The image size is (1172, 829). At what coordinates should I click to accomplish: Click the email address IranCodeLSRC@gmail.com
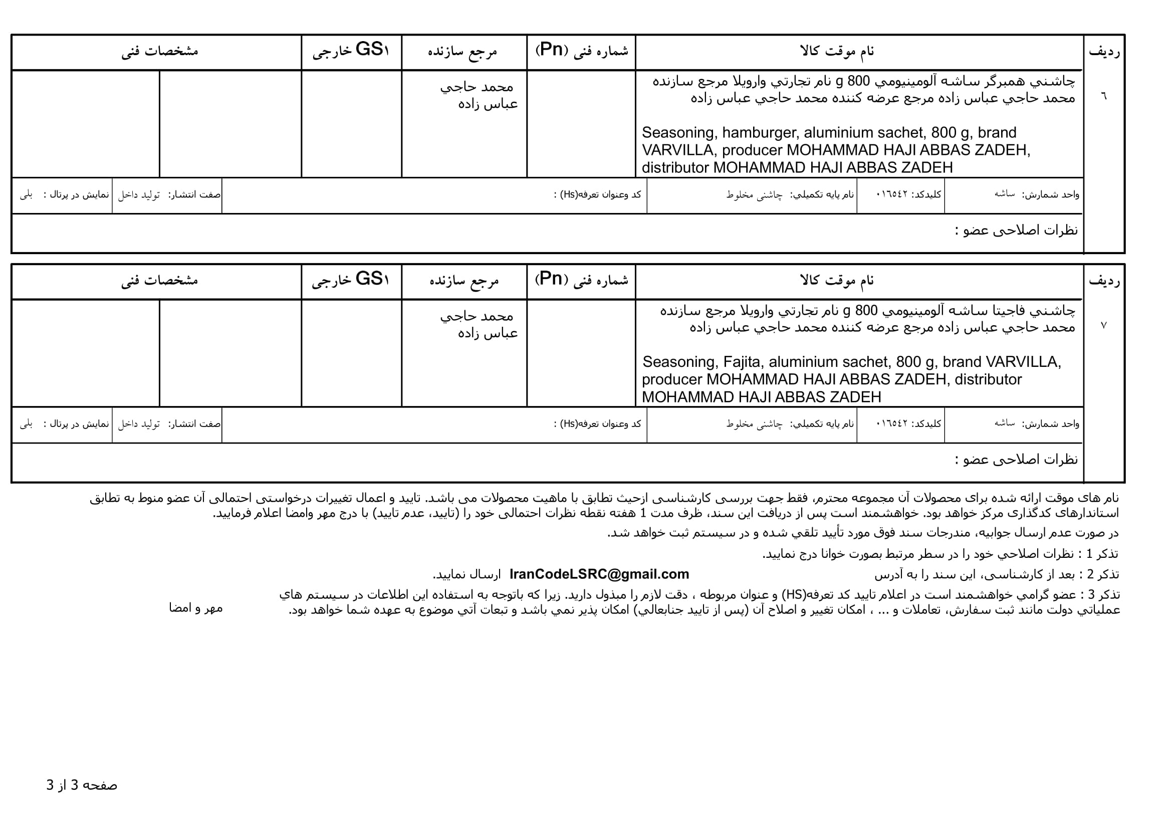pyautogui.click(x=599, y=574)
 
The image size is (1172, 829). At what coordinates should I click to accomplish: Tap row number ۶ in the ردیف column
pyautogui.click(x=1103, y=96)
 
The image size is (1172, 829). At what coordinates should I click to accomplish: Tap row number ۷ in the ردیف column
pyautogui.click(x=1103, y=325)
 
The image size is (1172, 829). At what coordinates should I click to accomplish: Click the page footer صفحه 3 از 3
pyautogui.click(x=82, y=785)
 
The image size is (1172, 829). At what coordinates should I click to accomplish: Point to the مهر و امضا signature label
pyautogui.click(x=195, y=608)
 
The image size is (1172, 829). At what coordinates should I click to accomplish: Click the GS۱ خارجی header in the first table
pyautogui.click(x=351, y=51)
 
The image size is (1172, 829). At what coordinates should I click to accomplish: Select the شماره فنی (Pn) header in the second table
pyautogui.click(x=581, y=280)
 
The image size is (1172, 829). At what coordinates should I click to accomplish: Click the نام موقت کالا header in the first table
pyautogui.click(x=837, y=51)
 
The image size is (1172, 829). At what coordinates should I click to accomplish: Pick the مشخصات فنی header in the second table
pyautogui.click(x=159, y=280)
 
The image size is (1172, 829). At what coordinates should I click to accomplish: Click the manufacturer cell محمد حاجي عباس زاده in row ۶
pyautogui.click(x=479, y=95)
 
